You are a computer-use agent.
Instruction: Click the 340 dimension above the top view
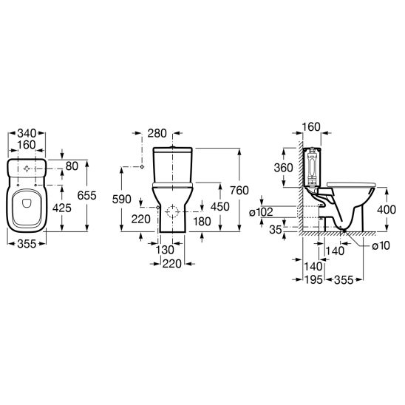tap(27, 134)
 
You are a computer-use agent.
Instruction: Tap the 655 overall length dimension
tap(86, 195)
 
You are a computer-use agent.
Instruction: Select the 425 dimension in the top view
tap(62, 208)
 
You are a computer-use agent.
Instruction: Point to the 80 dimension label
tap(72, 166)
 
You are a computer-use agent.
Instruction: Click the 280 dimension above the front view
tap(157, 133)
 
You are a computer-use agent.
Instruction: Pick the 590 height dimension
tap(122, 199)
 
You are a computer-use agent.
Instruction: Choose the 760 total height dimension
tap(239, 191)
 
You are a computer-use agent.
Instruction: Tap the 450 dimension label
tap(219, 207)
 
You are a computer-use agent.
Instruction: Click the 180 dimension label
tap(202, 222)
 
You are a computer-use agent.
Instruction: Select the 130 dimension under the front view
tap(165, 250)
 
